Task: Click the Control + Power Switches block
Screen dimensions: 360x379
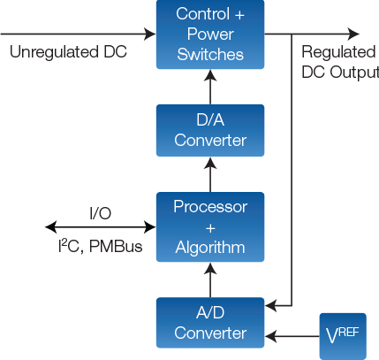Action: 209,34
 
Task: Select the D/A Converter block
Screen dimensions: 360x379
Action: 209,130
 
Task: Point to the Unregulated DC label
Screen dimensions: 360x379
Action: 68,51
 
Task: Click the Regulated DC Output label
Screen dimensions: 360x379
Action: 339,61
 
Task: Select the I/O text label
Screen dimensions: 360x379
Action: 100,213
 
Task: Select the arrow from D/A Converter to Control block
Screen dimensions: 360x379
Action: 209,87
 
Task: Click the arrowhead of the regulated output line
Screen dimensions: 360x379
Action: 355,34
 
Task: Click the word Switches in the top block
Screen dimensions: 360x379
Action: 209,55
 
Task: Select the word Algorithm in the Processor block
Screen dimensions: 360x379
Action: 209,248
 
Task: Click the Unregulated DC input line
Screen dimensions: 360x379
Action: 80,34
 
